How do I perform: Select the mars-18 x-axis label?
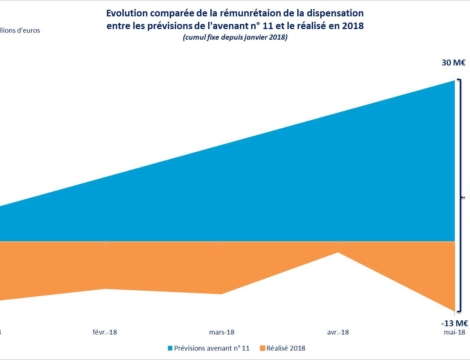[221, 330]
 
